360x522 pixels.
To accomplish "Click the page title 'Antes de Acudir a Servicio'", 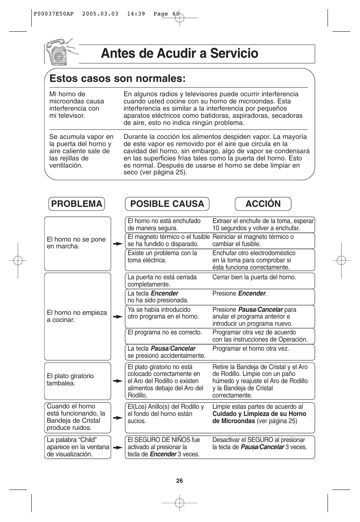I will [x=180, y=54].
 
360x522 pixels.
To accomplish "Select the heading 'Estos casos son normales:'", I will [x=117, y=79].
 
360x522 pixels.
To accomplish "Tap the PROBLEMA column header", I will [x=77, y=204].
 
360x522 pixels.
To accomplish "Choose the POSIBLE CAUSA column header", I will [x=167, y=204].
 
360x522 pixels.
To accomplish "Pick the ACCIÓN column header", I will [x=263, y=204].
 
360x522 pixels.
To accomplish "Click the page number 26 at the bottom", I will [x=180, y=480].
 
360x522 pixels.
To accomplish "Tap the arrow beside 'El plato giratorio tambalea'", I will [x=118, y=381].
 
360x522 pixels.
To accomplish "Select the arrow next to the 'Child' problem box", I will [x=118, y=448].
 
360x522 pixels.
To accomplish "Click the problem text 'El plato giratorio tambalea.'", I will [x=70, y=380].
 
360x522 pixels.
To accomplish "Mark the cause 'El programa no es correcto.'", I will [x=165, y=333].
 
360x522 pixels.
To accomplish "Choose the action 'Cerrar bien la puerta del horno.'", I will [x=254, y=277].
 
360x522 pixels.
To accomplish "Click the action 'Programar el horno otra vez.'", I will [x=251, y=349].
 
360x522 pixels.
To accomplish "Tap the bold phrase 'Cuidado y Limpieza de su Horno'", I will [x=259, y=414].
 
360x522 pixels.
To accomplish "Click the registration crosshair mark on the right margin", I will [x=341, y=260].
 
